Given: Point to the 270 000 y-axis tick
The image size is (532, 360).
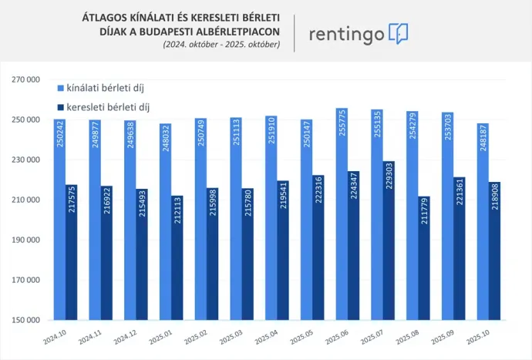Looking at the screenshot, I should (25, 79).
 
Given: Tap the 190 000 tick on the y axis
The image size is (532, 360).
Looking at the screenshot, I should (25, 240).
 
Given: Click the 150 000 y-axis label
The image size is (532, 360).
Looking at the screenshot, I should (25, 320).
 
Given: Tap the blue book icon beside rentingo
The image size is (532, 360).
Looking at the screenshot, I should (399, 33).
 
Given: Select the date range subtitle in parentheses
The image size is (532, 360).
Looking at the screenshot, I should (221, 45).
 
